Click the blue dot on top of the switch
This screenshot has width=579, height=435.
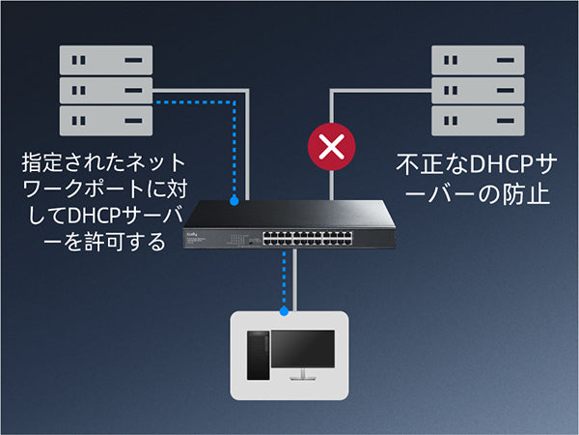pos(234,201)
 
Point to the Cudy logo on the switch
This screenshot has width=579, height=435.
pos(207,231)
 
